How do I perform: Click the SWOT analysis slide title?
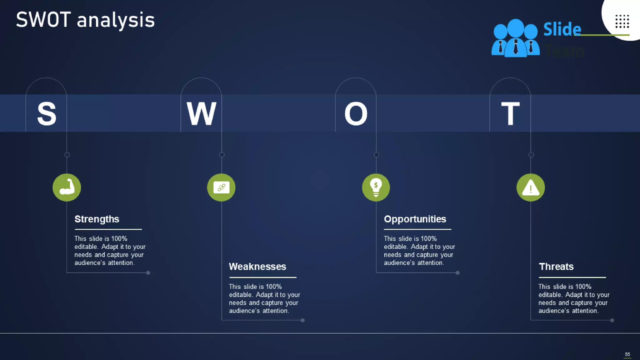click(85, 20)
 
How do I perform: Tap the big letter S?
click(47, 114)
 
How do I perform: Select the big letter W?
click(201, 114)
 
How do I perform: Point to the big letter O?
click(356, 114)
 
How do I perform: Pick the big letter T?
click(510, 114)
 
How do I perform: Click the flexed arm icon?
click(67, 187)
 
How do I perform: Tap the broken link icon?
click(221, 187)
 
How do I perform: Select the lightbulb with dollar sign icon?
click(376, 187)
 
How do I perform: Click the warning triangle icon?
click(531, 187)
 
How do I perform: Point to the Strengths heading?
click(97, 219)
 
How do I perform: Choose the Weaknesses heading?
click(257, 267)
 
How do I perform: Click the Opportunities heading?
click(415, 219)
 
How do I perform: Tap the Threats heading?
click(556, 267)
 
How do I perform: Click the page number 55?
click(627, 354)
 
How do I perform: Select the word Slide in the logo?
click(562, 29)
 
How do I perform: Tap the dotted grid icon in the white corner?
click(622, 21)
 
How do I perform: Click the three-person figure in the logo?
click(516, 38)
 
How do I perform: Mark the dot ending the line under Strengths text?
click(148, 273)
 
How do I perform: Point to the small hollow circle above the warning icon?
click(531, 155)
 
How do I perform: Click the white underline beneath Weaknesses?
click(263, 277)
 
